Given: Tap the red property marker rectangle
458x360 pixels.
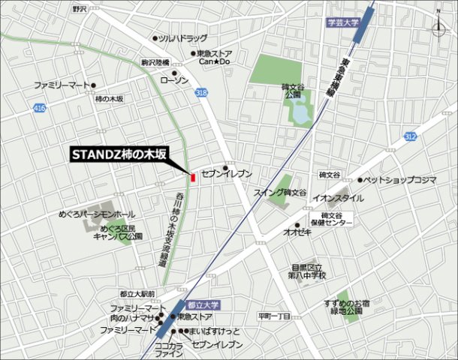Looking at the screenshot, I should [193, 178].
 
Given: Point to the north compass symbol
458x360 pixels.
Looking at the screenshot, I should [438, 25].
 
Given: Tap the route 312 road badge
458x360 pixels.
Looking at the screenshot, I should [409, 136].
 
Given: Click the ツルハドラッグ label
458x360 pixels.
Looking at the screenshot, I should [182, 37].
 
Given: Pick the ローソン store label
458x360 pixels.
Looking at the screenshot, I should [177, 79].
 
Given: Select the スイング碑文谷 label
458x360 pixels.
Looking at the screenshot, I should [279, 193].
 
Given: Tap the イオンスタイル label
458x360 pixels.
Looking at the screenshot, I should [338, 198].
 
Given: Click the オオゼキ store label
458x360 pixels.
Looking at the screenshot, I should [297, 232].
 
